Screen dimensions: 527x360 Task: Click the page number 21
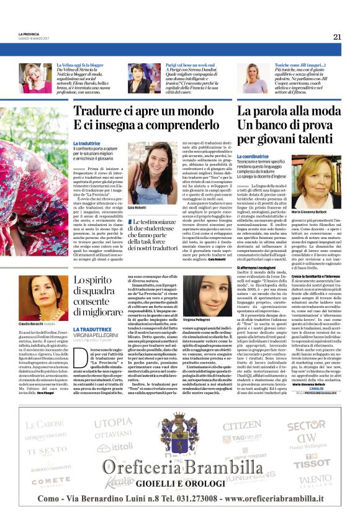click(336, 36)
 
